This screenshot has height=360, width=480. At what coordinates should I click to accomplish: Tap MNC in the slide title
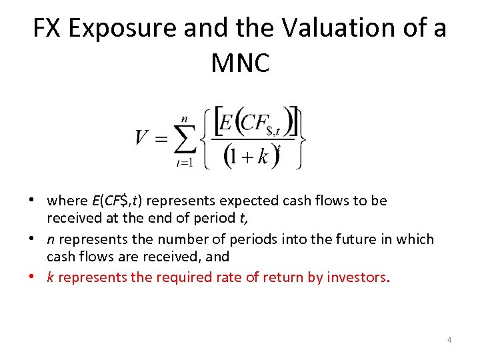click(x=240, y=63)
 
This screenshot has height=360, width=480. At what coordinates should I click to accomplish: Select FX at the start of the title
click(x=48, y=29)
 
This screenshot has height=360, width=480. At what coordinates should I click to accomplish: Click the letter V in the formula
click(x=141, y=137)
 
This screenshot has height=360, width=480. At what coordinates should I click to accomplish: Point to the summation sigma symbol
click(x=184, y=138)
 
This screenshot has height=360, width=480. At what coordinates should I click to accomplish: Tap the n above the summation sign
click(x=184, y=118)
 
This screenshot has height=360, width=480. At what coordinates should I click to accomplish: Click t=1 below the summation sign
click(x=184, y=162)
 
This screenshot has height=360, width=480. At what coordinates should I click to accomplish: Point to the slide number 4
click(x=449, y=341)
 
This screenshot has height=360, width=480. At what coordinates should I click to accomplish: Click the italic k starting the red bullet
click(x=50, y=277)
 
